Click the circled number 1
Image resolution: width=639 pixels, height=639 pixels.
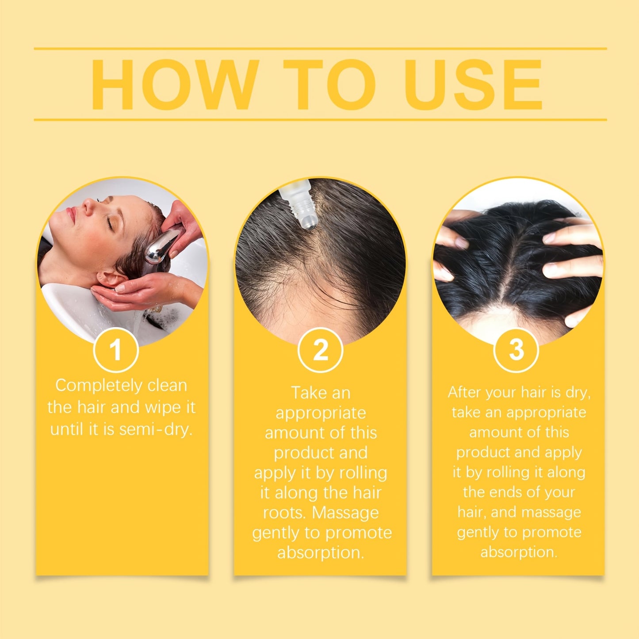[x=116, y=350]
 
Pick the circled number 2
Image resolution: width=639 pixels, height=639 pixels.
[x=320, y=350]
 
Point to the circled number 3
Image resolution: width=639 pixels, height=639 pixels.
[x=516, y=350]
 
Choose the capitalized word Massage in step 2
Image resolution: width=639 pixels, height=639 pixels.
[x=345, y=513]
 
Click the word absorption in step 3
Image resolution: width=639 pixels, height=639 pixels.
[x=518, y=552]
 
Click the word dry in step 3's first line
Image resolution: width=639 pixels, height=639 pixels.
[x=577, y=392]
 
